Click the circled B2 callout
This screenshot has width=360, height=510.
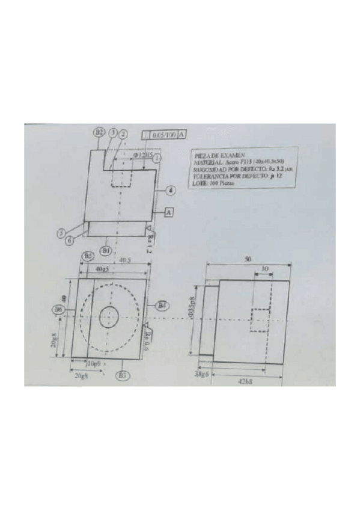pos(99,132)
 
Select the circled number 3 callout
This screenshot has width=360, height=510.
pos(112,133)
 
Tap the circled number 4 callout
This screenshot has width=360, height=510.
pos(171,190)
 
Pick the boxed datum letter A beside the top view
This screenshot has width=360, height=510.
pos(169,212)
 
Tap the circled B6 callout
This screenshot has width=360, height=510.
pos(59,309)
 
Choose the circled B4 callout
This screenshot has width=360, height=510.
pos(162,306)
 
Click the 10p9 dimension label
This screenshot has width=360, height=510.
pos(93,364)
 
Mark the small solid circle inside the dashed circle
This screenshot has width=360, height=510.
pos(109,316)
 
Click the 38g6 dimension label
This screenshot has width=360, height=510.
pos(201,373)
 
